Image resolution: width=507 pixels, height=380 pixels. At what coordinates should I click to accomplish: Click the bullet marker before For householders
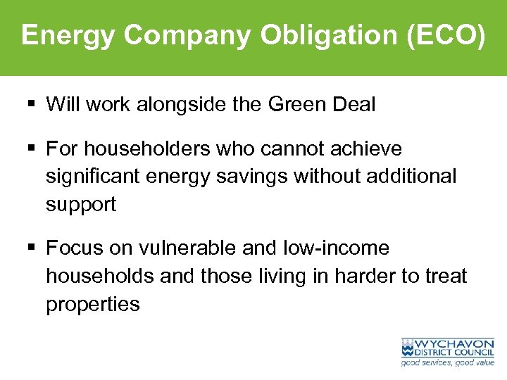33,149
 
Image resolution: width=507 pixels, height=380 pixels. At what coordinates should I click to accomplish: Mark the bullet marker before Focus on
33,248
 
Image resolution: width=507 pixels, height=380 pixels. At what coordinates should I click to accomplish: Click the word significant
93,177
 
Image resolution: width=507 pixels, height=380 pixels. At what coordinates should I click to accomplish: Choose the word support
81,205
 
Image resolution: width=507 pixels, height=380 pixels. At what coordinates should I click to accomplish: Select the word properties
93,304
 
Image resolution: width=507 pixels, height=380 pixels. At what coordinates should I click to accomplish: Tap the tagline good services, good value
447,363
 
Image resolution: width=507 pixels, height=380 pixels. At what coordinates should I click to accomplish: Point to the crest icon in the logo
408,348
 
